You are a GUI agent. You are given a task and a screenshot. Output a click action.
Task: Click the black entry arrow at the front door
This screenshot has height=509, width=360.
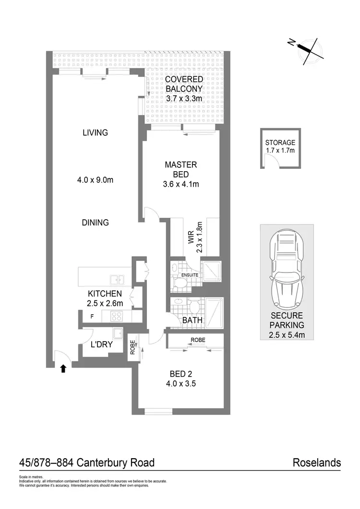tap(63, 368)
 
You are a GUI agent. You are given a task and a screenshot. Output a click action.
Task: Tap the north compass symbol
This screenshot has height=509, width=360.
tap(305, 50)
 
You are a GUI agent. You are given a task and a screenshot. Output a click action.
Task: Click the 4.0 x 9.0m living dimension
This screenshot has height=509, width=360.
tap(95, 180)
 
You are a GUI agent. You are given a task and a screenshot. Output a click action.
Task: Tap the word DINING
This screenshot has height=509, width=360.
tap(95, 223)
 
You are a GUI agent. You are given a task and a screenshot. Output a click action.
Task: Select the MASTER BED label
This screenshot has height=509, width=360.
tap(180, 169)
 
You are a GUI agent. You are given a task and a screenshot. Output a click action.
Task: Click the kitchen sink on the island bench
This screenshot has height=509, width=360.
tap(117, 279)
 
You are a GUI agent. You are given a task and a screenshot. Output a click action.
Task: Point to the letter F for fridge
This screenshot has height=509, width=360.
tap(92, 317)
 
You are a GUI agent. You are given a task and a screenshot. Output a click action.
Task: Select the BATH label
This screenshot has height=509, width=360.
tap(192, 320)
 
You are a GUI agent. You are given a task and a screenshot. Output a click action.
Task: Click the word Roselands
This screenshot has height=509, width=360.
tap(317, 463)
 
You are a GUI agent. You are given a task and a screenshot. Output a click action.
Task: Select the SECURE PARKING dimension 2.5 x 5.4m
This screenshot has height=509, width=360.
tap(287, 335)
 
